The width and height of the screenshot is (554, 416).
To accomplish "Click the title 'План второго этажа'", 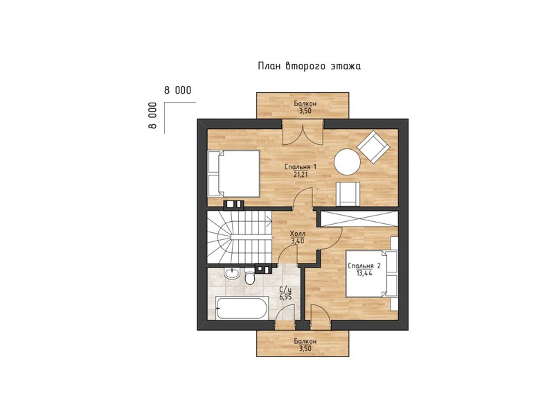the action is (310, 66).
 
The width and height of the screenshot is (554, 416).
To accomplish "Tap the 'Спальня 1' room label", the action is (301, 167).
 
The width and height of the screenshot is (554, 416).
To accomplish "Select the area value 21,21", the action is (301, 174).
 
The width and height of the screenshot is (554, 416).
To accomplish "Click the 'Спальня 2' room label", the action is (364, 266).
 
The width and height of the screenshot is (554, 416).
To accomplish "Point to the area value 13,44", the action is (364, 273).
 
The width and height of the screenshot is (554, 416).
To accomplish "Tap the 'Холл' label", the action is (298, 234).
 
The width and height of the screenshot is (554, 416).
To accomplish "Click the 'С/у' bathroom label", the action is (285, 291).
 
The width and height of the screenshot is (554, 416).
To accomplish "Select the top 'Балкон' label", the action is (305, 103).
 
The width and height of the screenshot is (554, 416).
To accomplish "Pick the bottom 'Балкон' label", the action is (305, 342).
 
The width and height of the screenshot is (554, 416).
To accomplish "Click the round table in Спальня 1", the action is (348, 162).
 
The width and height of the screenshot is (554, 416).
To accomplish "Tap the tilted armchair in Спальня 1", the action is (373, 147).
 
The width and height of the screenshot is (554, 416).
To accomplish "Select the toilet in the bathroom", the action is (250, 277).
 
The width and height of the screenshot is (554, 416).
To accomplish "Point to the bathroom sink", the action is (232, 273).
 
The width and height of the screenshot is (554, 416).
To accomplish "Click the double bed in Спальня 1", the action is (233, 173).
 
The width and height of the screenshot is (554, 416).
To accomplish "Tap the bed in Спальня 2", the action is (372, 273).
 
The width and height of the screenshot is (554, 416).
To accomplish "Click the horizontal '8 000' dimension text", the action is (177, 90).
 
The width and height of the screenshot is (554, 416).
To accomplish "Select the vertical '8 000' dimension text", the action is (152, 116).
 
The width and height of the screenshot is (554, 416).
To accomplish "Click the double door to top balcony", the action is (303, 132).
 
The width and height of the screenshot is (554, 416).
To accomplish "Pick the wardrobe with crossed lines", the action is (359, 218).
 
